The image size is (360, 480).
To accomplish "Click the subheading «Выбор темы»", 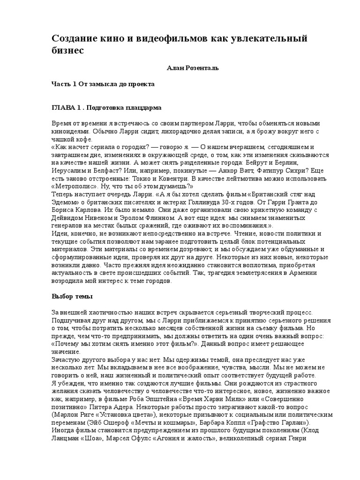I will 72,297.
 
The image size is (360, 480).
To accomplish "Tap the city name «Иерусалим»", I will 68,171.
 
